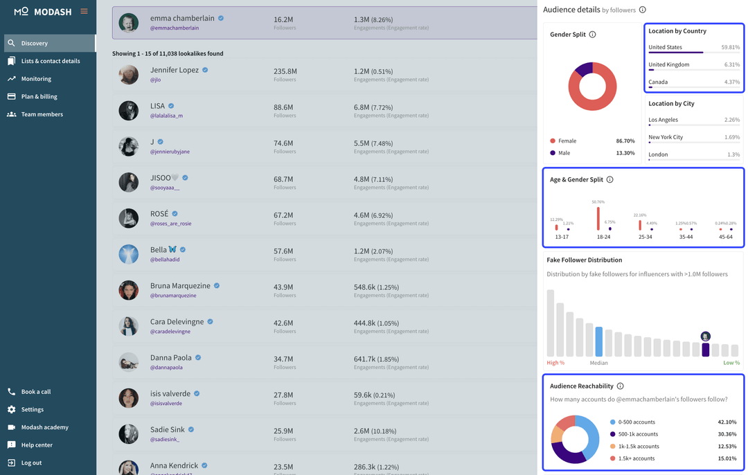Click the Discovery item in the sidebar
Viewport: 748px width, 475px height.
point(35,43)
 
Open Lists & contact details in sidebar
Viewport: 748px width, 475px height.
point(50,61)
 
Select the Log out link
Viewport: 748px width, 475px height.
point(31,463)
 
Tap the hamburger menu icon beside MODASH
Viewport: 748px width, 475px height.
point(84,11)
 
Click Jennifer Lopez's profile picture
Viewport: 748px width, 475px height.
point(128,75)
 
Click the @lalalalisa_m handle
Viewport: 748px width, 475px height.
point(166,116)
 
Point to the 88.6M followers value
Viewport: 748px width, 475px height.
point(283,107)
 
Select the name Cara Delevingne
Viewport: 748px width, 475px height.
point(177,322)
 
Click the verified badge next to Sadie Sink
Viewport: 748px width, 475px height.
point(191,430)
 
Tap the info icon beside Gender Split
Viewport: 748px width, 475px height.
point(592,35)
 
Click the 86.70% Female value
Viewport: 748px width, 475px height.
point(625,141)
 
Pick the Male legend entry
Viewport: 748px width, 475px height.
point(564,153)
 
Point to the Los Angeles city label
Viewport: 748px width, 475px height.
point(663,120)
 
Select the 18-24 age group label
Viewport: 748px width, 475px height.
point(603,237)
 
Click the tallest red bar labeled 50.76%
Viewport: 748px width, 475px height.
point(598,218)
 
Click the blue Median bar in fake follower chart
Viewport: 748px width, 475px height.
point(599,341)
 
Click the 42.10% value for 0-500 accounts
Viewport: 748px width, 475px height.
point(727,422)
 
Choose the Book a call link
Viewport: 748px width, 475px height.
point(35,392)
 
